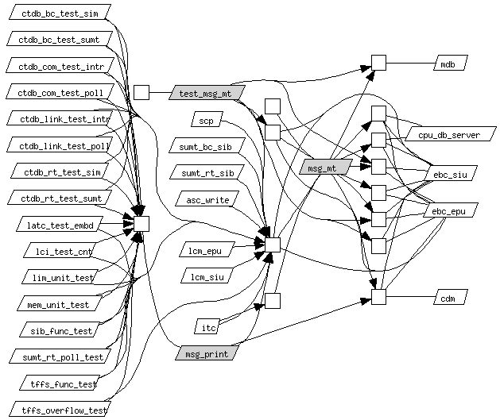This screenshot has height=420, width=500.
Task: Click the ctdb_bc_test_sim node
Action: click(60, 12)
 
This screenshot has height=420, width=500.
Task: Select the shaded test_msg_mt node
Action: click(207, 93)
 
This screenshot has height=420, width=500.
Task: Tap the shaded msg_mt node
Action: click(326, 167)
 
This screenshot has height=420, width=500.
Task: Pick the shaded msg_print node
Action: click(207, 353)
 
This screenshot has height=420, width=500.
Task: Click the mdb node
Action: click(451, 63)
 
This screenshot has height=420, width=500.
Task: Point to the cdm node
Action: click(451, 297)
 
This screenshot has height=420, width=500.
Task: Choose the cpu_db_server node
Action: click(451, 133)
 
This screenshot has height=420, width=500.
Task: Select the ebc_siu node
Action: click(450, 173)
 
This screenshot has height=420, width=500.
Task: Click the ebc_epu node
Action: click(450, 210)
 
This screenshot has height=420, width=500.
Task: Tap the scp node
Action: click(207, 119)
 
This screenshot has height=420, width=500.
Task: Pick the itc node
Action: click(207, 326)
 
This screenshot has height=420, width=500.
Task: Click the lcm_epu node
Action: click(207, 249)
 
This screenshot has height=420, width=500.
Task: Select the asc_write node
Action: click(207, 198)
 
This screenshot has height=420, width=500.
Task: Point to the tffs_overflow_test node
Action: click(60, 409)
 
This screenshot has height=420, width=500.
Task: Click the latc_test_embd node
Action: click(60, 224)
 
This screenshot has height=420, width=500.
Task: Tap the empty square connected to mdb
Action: click(378, 63)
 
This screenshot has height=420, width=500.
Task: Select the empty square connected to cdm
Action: click(378, 297)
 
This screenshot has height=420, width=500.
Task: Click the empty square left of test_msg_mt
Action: click(141, 93)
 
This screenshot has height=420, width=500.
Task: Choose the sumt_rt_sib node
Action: click(207, 172)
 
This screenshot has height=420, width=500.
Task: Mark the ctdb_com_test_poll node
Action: click(60, 91)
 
